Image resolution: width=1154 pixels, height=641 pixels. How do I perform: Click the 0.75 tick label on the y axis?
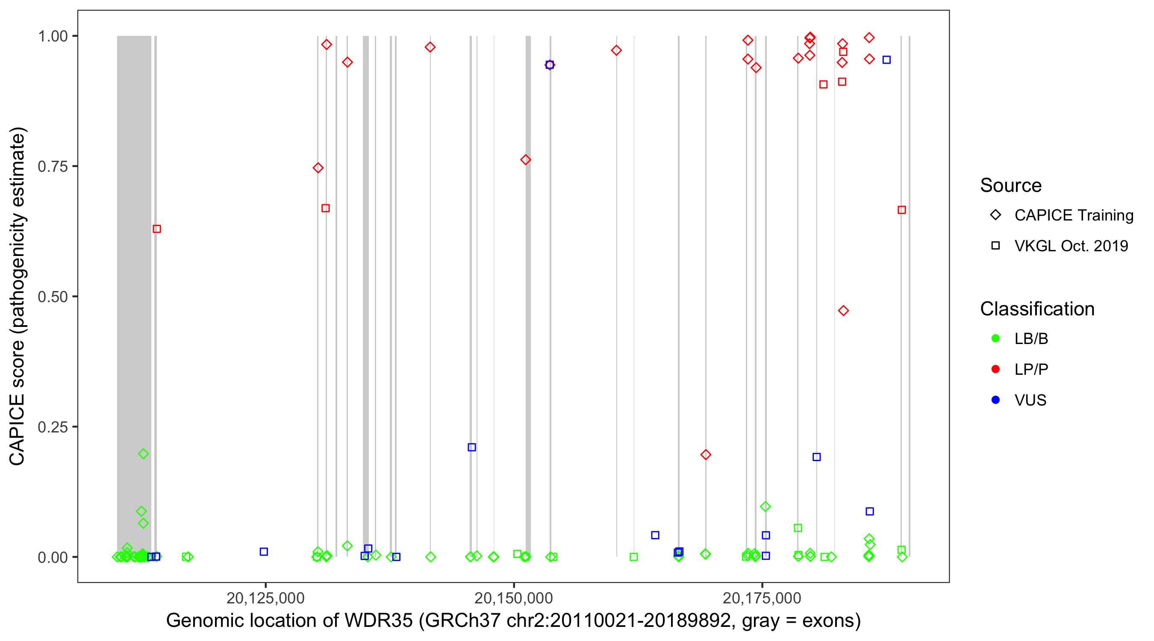53,167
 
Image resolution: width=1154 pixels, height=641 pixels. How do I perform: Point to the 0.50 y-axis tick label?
53,297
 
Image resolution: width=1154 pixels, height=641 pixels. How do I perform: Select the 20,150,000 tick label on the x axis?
513,598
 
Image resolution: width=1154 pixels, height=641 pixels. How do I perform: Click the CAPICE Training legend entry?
1074,215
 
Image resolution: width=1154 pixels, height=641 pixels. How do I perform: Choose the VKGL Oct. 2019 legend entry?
1071,246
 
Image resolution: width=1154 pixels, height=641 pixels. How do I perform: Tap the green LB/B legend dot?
995,338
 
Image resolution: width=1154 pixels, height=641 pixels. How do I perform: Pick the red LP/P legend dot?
995,370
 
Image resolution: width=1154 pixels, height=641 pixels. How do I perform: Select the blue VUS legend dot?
995,400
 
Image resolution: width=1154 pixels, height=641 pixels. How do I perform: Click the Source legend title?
1011,185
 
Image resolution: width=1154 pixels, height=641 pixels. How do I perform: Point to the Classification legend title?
1037,309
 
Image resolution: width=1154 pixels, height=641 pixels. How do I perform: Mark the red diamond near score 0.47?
844,311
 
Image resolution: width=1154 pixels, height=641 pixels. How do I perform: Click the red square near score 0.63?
157,229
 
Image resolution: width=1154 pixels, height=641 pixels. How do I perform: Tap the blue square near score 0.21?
472,447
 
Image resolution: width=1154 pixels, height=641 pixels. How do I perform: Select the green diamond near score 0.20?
143,454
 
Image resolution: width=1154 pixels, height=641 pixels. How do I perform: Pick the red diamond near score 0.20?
706,455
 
